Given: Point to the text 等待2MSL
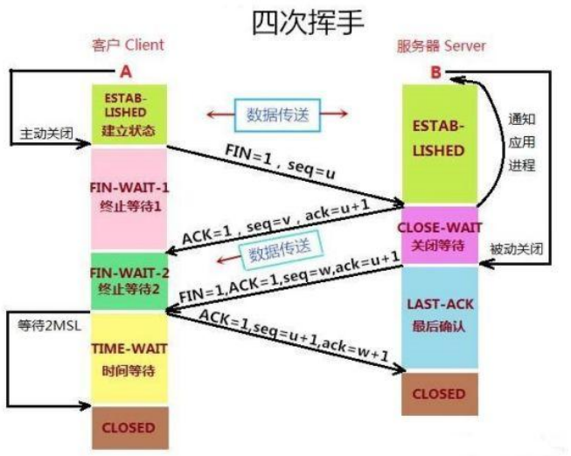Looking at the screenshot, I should pos(45,326).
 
